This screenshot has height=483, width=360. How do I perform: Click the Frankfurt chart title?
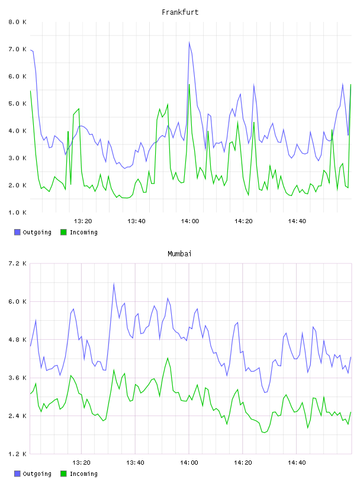(180, 12)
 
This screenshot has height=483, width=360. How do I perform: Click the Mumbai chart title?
(179, 254)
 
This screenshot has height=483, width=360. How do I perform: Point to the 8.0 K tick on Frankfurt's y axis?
(18, 22)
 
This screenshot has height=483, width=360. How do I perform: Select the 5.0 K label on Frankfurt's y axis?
(18, 104)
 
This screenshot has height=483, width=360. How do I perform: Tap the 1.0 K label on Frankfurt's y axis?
(18, 212)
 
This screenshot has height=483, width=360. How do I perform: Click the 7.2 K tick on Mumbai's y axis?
(18, 263)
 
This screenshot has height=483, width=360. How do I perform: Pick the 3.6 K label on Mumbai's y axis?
(18, 378)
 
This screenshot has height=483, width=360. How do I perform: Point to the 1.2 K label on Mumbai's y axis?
(18, 454)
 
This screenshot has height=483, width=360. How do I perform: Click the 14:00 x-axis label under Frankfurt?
(190, 221)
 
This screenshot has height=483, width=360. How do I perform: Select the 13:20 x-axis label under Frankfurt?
(83, 221)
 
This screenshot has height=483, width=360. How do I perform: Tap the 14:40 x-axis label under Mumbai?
(297, 463)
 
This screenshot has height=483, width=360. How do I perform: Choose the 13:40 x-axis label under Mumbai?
(135, 463)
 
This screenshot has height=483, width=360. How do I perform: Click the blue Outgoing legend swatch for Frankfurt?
(17, 232)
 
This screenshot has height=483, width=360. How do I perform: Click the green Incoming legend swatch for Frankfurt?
(63, 232)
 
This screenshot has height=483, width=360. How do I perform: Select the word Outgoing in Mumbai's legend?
(37, 474)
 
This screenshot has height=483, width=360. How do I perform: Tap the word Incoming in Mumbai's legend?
(83, 474)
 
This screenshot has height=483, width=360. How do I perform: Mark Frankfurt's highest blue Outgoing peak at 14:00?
(189, 42)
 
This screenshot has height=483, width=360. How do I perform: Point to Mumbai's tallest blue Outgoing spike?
(114, 284)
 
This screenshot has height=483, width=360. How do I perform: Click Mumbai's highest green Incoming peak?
(168, 358)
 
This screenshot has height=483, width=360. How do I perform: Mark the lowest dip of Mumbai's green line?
(264, 433)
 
